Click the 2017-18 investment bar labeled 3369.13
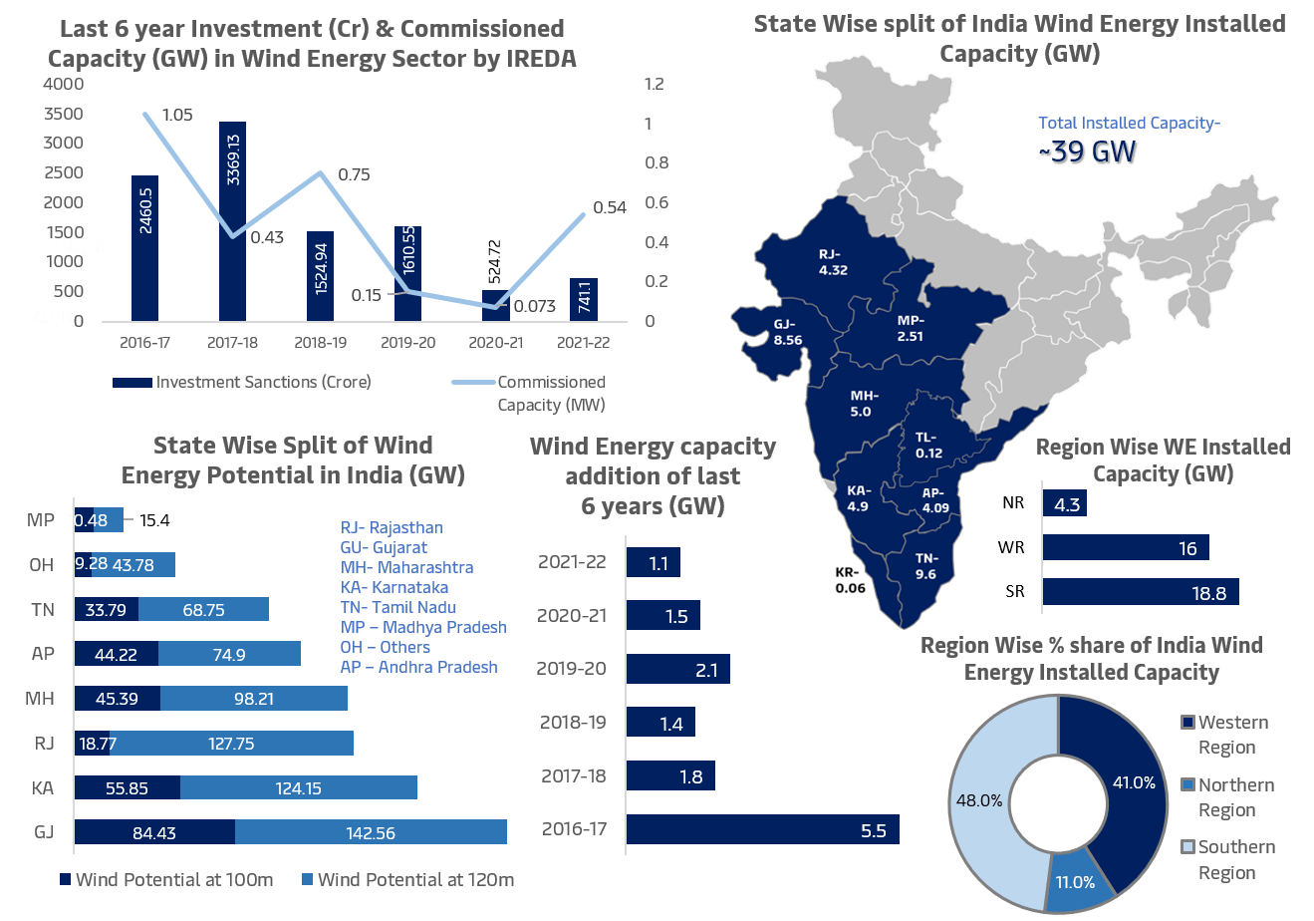(x=232, y=221)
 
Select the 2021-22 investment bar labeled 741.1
(x=583, y=300)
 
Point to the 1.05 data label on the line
(x=176, y=115)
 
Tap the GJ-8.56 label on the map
(x=787, y=332)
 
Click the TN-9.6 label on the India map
(x=925, y=566)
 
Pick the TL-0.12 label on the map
(x=928, y=445)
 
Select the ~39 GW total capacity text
(x=1088, y=153)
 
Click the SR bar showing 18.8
(x=1141, y=591)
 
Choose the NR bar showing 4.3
(x=1065, y=503)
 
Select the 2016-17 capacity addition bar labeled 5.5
(x=762, y=829)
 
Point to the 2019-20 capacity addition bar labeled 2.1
(x=677, y=669)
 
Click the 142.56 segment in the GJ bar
(x=371, y=832)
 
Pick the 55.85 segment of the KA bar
(x=128, y=787)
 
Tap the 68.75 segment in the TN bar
(x=203, y=610)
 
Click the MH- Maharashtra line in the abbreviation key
(x=406, y=567)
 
